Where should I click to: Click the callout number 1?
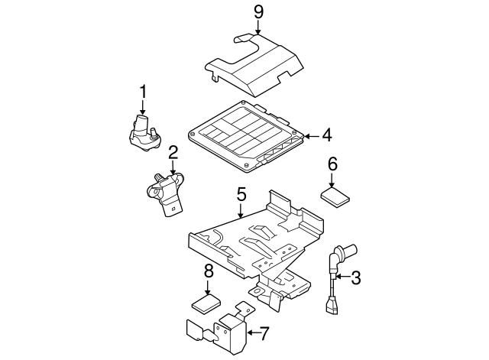(142, 92)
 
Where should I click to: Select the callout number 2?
(173, 152)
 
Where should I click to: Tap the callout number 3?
(355, 278)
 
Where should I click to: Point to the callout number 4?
(326, 136)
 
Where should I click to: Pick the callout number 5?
(241, 195)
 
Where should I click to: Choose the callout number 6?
(332, 164)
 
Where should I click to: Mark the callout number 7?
(265, 332)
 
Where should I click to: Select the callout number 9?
(258, 12)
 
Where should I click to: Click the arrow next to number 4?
(310, 137)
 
